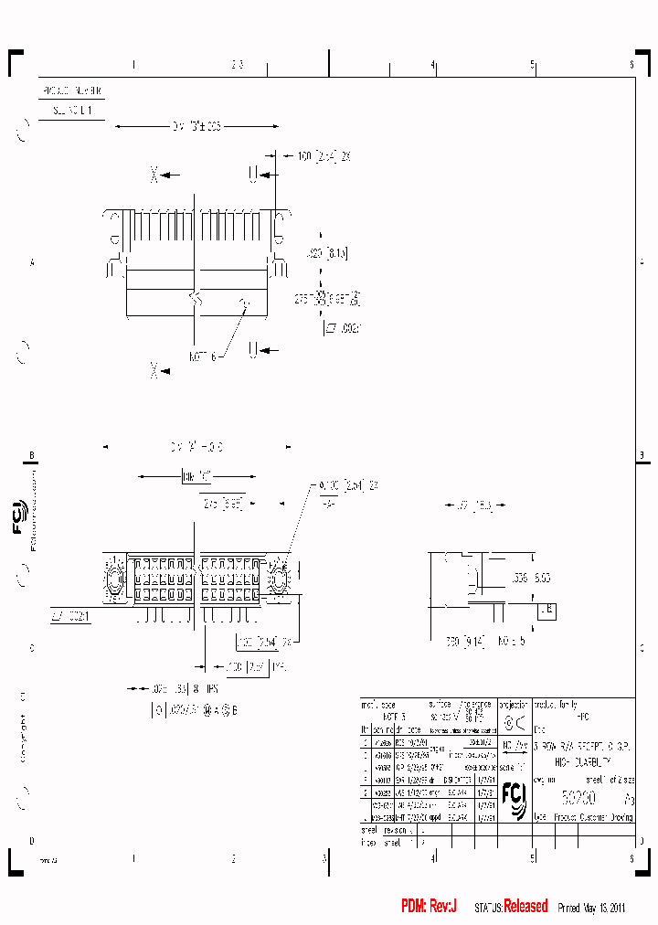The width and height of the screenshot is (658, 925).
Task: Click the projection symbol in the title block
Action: tap(515, 723)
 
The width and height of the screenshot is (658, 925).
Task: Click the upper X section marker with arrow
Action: tap(165, 173)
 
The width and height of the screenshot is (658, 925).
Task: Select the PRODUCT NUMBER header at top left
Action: tap(72, 92)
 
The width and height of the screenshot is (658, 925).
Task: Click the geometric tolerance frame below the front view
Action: tap(194, 708)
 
